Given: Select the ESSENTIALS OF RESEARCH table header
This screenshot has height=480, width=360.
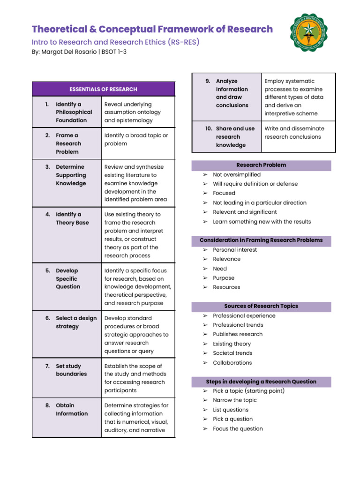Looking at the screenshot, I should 103,89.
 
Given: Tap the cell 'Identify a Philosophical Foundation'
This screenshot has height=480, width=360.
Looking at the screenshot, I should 74,112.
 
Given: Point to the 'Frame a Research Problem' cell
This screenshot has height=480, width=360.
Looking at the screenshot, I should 68,143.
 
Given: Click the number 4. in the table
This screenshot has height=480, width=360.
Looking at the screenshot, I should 48,214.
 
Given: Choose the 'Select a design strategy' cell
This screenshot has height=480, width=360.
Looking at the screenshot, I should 76,322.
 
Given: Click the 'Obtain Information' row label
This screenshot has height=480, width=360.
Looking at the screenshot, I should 72,409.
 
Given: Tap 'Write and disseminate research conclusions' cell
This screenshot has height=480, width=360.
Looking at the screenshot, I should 294,133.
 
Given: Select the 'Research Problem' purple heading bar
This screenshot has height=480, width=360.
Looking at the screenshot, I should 261,165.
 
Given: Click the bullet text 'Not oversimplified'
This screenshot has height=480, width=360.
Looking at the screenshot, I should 237,174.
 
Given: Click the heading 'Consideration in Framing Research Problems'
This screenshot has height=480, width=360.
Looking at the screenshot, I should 261,240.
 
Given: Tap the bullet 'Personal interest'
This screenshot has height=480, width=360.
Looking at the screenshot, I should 235,250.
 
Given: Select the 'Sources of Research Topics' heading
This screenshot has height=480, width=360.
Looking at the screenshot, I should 261,306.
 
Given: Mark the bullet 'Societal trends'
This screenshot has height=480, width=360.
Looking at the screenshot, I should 232,353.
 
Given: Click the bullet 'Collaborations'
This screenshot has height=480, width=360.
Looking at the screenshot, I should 232,362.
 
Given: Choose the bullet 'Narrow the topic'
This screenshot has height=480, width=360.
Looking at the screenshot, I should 235,400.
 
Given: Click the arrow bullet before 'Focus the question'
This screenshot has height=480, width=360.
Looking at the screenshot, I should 205,428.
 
